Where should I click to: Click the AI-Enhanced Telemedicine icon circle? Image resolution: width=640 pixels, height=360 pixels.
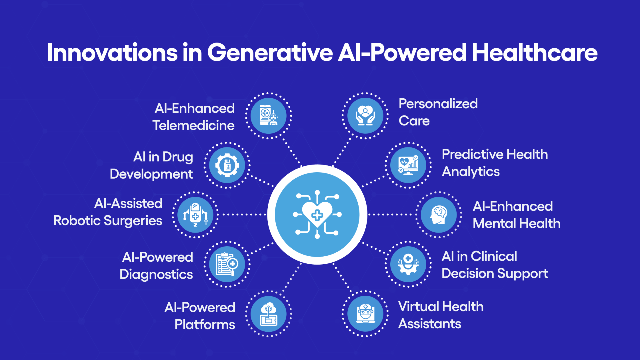coord(269,116)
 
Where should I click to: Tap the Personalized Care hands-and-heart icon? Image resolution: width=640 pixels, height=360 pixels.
coord(365,116)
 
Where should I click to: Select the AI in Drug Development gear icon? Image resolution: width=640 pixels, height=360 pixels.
coord(227,165)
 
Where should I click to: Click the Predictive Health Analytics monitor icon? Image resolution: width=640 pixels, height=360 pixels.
coord(409,165)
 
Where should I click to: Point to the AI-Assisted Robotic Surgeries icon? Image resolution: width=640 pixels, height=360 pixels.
coord(195,215)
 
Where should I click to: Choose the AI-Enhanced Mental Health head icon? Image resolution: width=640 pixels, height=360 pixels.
coord(439,215)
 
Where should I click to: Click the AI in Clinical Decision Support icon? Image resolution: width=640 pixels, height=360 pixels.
coord(409,264)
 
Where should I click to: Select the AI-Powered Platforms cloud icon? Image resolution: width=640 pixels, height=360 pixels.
coord(269,314)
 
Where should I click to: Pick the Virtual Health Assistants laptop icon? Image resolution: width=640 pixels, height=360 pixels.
coord(365,314)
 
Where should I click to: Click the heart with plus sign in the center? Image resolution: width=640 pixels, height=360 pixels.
coord(317,215)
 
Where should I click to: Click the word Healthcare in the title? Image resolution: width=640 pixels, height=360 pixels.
coord(535,53)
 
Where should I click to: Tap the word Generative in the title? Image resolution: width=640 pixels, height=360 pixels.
coord(270,53)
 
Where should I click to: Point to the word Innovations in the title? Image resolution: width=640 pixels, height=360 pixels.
coord(113,53)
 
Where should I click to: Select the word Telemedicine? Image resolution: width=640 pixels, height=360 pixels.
coord(193,125)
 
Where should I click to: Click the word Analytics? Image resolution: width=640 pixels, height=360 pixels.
coord(471,172)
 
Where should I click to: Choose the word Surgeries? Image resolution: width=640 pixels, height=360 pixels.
coord(133,221)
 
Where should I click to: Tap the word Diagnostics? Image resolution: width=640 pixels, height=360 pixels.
coord(156,274)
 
